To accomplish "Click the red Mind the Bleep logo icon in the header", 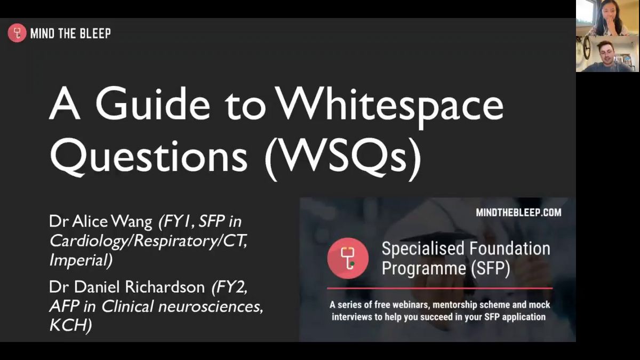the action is (17, 33).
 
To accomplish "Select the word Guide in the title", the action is (153, 103).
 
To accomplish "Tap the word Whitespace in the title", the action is (390, 107).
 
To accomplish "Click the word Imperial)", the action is (81, 260).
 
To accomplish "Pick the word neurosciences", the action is (211, 307).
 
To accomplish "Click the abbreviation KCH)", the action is (70, 325).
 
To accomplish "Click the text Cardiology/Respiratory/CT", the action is (148, 241).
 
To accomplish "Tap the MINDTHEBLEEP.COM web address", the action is (518, 213).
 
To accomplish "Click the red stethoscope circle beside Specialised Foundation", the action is (348, 258).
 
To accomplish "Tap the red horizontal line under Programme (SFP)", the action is (439, 289).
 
